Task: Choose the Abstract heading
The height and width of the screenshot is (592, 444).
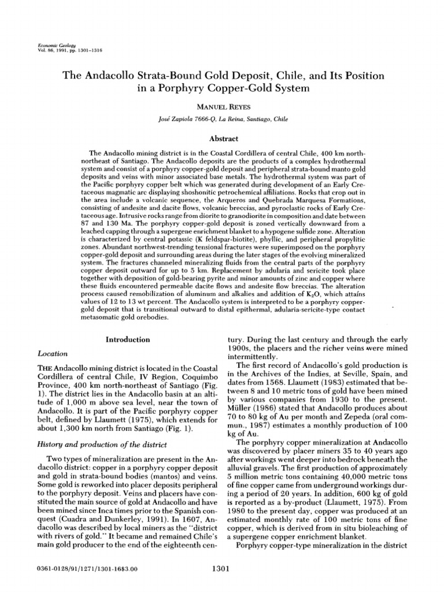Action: [222, 139]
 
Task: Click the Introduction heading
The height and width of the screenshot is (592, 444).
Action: [128, 340]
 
